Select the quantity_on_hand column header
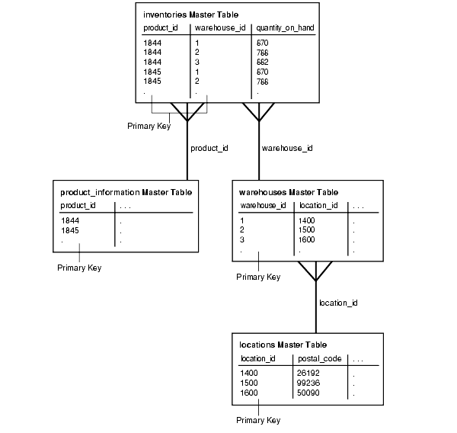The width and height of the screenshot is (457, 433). pos(285,28)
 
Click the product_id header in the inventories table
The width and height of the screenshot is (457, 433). pos(161,28)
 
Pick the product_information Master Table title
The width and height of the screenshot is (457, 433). pos(126,192)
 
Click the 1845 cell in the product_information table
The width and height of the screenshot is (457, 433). pos(70,229)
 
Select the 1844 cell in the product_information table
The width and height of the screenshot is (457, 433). pos(70,220)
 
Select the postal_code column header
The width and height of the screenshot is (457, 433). pos(319,358)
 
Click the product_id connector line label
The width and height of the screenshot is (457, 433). pos(209,148)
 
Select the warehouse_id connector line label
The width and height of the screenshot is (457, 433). pos(286,148)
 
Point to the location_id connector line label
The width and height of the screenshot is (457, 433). pos(338,303)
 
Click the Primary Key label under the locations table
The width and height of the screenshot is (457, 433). pos(258,420)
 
